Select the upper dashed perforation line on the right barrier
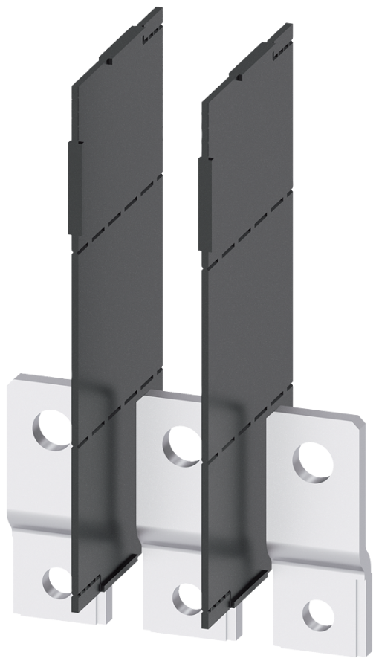click(x=248, y=223)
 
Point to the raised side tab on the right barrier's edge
click(x=201, y=201)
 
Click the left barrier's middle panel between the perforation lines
click(x=119, y=312)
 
